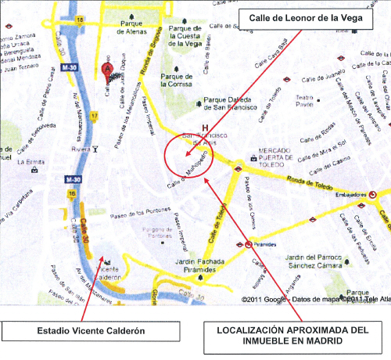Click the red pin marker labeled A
pyautogui.click(x=109, y=69)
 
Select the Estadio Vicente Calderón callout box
pyautogui.click(x=91, y=331)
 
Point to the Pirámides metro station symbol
pyautogui.click(x=249, y=244)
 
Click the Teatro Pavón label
pyautogui.click(x=303, y=101)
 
